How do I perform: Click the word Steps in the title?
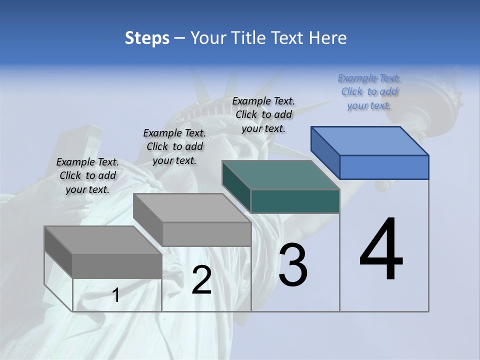pos(147,38)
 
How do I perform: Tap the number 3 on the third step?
pos(292,264)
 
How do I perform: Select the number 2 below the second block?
pos(201,279)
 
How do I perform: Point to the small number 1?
pos(116,295)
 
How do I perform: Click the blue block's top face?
pos(370,141)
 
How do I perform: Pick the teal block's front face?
pos(295,201)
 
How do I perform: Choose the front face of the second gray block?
pos(206,234)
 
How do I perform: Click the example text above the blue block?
pos(369,92)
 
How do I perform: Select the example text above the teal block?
pos(263,114)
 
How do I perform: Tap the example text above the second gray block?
pos(174,146)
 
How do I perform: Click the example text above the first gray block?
pos(87,175)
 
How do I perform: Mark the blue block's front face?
pos(384,167)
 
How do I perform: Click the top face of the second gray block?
pos(192,208)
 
